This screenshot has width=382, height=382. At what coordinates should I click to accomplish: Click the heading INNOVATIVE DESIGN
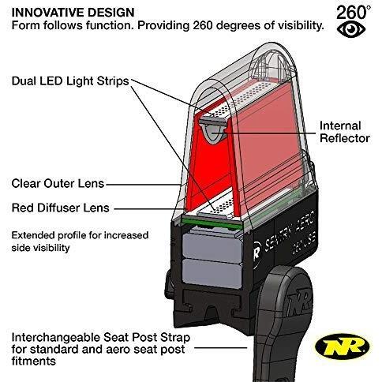(x=73, y=13)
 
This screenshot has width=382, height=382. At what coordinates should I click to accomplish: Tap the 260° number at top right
(x=354, y=13)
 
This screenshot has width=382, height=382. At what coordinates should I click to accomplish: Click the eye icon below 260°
(x=351, y=29)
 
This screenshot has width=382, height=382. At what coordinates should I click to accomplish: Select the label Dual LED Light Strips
(x=70, y=81)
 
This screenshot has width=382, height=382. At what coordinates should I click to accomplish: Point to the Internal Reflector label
(x=345, y=132)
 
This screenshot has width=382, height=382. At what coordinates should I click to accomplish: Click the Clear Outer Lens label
(x=58, y=184)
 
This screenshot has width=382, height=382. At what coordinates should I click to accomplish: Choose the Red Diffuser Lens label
(x=61, y=208)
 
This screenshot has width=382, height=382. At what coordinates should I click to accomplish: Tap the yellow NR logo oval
(x=343, y=346)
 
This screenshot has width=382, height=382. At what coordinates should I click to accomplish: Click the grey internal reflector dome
(x=213, y=130)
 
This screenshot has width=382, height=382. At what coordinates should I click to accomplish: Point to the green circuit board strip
(x=212, y=223)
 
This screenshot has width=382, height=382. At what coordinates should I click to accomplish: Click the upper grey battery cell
(x=212, y=248)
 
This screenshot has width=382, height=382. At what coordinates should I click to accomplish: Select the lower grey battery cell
(x=212, y=273)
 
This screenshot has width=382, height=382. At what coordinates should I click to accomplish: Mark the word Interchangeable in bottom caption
(x=56, y=338)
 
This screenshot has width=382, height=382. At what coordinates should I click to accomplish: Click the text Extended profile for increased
(x=80, y=235)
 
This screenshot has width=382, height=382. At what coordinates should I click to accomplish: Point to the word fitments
(x=34, y=361)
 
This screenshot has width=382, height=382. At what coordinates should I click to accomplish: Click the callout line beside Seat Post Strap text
(x=220, y=348)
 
